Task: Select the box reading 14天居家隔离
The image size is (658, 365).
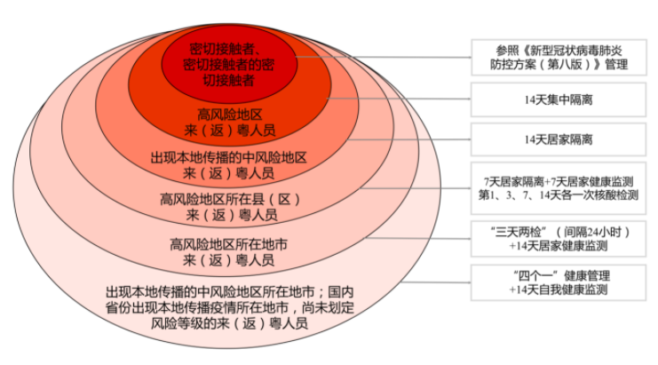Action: click(x=559, y=139)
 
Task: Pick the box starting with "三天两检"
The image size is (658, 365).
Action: click(x=559, y=237)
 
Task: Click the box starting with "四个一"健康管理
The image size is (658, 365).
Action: click(x=559, y=282)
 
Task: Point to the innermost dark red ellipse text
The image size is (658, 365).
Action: click(x=229, y=63)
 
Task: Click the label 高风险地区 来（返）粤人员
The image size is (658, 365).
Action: click(x=229, y=122)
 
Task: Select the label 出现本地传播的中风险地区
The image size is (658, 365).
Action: click(x=229, y=156)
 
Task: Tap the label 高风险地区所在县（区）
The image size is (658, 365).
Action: click(x=229, y=198)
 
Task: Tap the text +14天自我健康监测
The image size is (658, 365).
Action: click(x=559, y=290)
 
